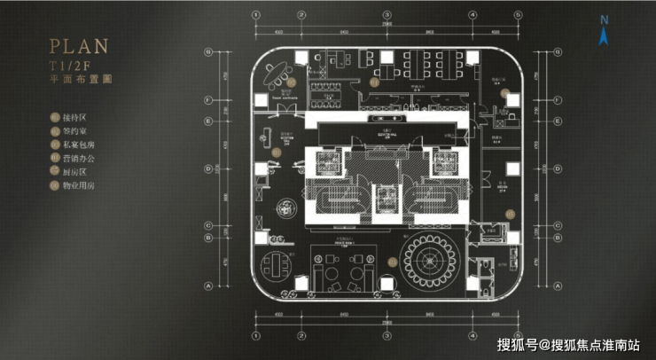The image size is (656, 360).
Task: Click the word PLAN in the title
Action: [80, 45]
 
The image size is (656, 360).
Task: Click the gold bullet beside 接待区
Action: [55, 117]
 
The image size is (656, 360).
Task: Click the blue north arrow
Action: [604, 36]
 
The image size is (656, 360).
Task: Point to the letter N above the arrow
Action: [604, 20]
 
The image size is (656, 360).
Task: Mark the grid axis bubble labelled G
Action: [207, 51]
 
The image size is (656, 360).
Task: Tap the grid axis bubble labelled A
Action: [207, 286]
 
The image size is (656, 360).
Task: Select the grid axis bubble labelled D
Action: [207, 167]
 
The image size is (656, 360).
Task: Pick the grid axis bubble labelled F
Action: [207, 98]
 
